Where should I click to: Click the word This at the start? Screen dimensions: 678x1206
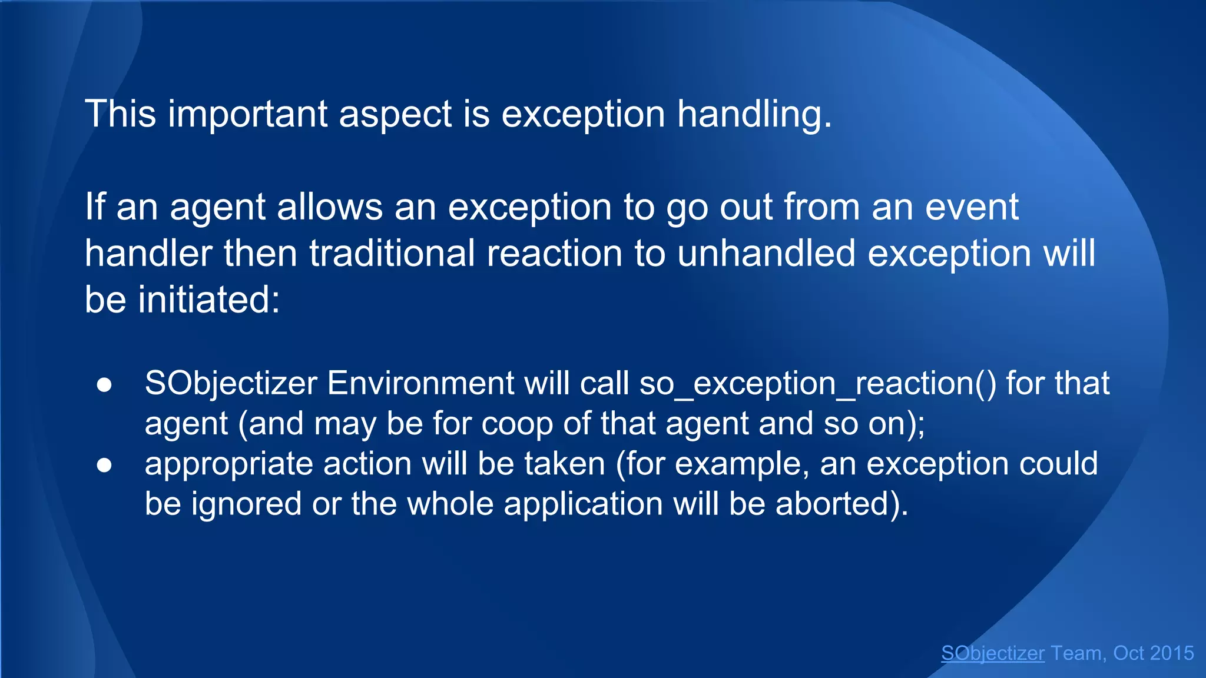120,114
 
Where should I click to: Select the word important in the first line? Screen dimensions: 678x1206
247,114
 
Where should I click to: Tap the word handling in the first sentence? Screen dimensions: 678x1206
753,114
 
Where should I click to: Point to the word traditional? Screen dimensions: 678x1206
392,254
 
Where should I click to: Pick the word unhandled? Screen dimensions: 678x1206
766,254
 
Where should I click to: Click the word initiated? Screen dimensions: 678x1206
208,300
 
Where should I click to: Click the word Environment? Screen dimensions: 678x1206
420,384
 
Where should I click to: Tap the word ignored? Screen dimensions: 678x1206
246,504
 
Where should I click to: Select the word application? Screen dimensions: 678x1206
583,504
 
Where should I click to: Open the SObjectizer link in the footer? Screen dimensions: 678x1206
993,653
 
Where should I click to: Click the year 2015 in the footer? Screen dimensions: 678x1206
1171,653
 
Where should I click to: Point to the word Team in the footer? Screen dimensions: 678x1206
1077,653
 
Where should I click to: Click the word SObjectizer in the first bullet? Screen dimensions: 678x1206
231,384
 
